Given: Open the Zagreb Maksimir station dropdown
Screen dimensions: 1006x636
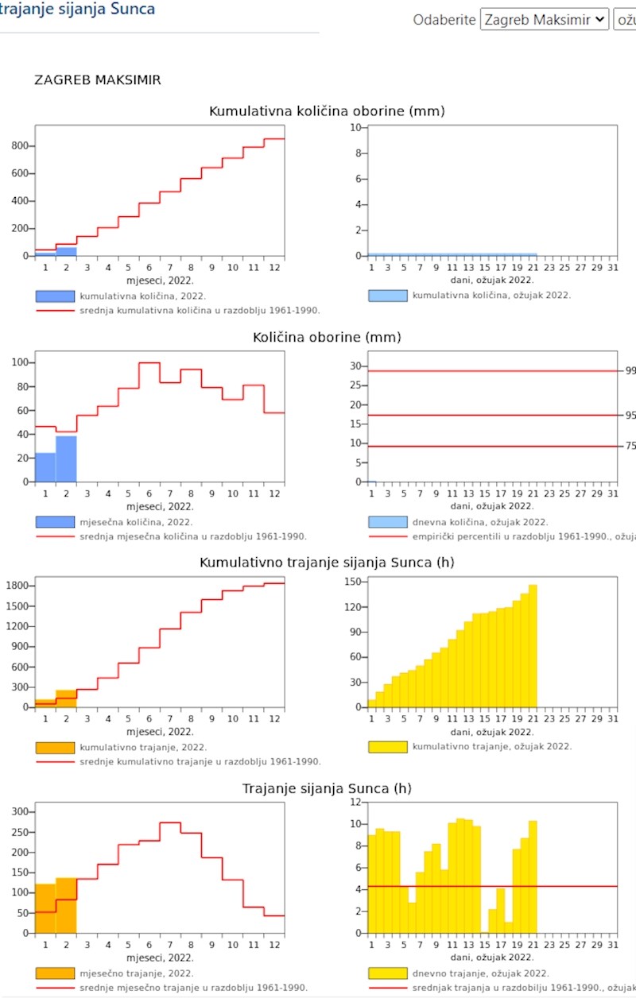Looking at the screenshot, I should tap(544, 19).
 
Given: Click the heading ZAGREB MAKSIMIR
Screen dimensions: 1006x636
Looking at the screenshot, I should tap(98, 80).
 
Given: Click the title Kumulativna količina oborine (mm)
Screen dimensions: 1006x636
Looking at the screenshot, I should tap(327, 111).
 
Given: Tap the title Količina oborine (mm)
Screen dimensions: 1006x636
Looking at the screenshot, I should tap(327, 338).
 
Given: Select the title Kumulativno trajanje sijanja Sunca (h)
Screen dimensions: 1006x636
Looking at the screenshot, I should tap(327, 563).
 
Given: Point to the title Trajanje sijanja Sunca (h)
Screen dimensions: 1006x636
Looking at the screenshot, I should tap(327, 789).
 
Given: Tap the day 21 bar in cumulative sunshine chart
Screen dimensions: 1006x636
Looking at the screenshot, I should tap(533, 646).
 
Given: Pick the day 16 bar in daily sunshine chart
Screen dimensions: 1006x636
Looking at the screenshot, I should tap(493, 921).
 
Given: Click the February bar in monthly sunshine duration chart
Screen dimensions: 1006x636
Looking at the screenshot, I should tap(66, 906).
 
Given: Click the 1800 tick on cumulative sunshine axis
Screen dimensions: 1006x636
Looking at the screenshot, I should tap(17, 586).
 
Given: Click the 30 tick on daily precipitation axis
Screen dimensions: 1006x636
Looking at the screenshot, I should tap(356, 366).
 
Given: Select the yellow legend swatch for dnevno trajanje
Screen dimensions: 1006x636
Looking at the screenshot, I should tap(388, 973).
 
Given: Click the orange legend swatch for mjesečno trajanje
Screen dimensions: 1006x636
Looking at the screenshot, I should tap(55, 973).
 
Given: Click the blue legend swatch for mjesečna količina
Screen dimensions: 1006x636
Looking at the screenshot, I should tap(55, 522).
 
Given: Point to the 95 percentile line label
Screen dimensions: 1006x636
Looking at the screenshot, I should tap(630, 416).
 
